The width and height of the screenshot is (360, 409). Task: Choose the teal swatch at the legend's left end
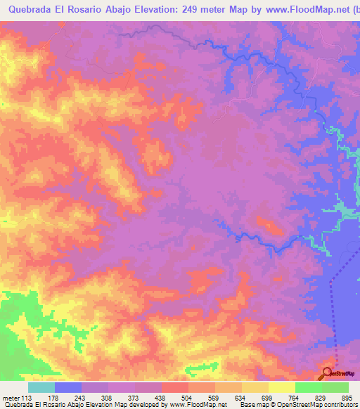click(41, 388)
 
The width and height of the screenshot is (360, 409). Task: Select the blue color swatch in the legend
click(67, 388)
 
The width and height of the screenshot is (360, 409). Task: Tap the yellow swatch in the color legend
click(281, 388)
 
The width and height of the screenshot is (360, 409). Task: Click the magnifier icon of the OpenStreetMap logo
click(328, 372)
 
